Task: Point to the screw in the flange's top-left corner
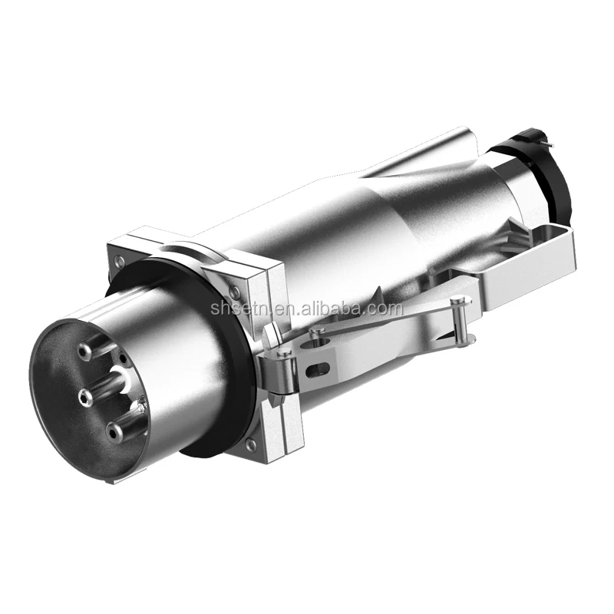tap(120, 261)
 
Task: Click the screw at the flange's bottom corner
tap(252, 444)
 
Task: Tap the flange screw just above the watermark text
tap(235, 292)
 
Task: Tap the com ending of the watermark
tap(387, 309)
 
